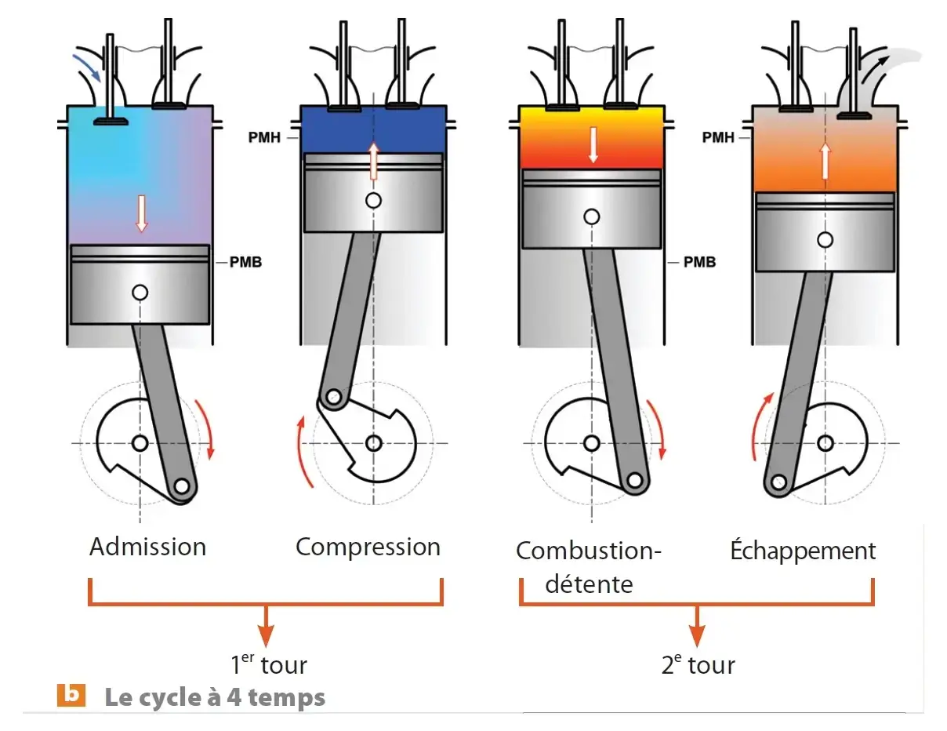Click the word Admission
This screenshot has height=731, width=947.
[x=147, y=547]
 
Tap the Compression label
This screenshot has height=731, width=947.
[x=368, y=547]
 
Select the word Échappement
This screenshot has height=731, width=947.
[x=803, y=551]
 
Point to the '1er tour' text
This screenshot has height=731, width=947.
[x=269, y=665]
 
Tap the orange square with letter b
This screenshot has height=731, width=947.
[x=71, y=695]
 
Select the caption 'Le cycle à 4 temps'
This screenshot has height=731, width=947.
[x=215, y=697]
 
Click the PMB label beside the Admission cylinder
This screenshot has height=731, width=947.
[x=245, y=262]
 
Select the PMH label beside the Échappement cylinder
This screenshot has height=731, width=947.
[x=719, y=137]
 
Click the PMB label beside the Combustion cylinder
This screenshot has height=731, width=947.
[x=699, y=262]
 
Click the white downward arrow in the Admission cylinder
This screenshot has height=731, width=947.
[x=142, y=213]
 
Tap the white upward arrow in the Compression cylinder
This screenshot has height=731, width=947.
[x=374, y=162]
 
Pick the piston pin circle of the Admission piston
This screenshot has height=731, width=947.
[x=140, y=293]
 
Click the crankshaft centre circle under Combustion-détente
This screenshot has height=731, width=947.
[x=592, y=443]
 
